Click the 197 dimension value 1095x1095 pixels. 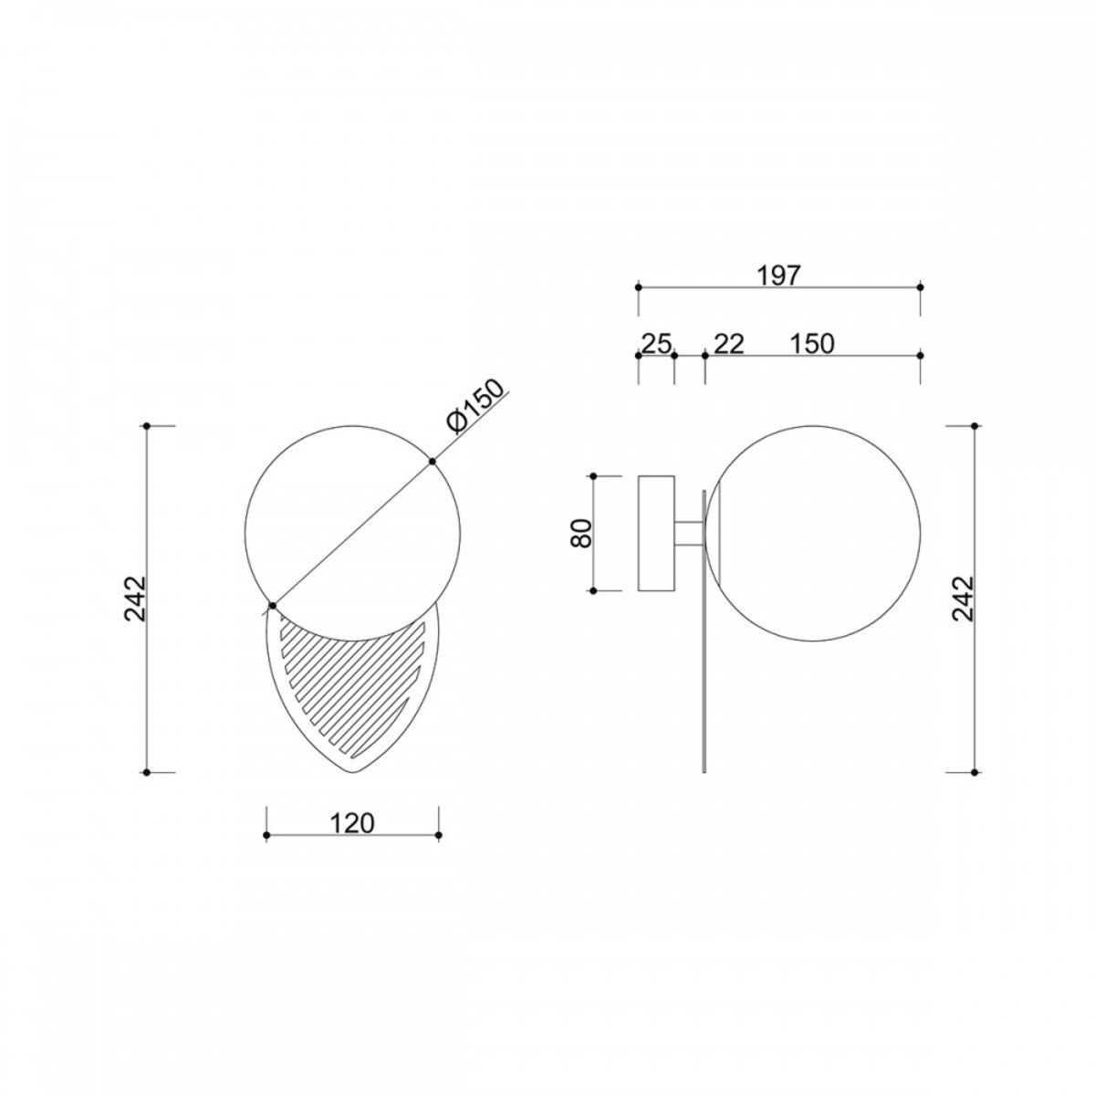778,276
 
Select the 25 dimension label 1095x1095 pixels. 656,344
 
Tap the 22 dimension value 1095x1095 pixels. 728,344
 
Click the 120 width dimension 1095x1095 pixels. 352,823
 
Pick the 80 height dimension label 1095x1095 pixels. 582,533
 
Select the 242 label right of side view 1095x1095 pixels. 963,599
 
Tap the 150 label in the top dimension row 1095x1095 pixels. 812,344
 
